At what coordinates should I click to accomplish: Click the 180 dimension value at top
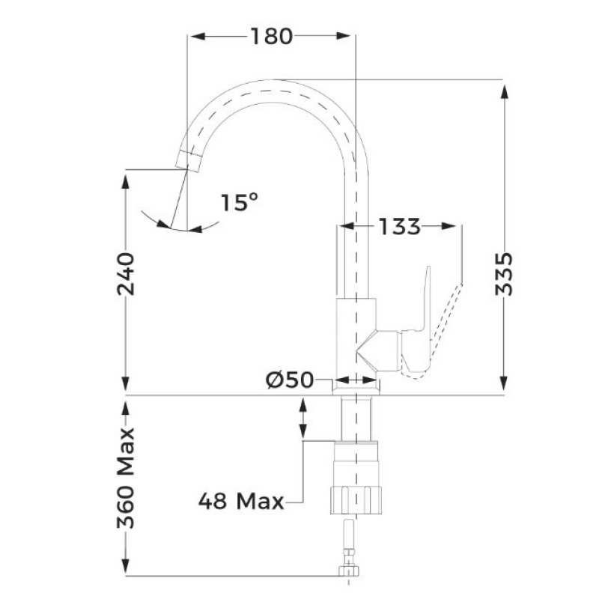[272, 36]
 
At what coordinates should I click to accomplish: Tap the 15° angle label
[240, 202]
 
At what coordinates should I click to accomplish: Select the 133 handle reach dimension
[400, 226]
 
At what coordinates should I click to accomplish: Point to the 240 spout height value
[126, 273]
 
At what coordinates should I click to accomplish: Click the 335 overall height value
[504, 273]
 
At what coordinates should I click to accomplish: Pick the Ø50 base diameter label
[290, 380]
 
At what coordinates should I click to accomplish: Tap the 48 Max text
[241, 501]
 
